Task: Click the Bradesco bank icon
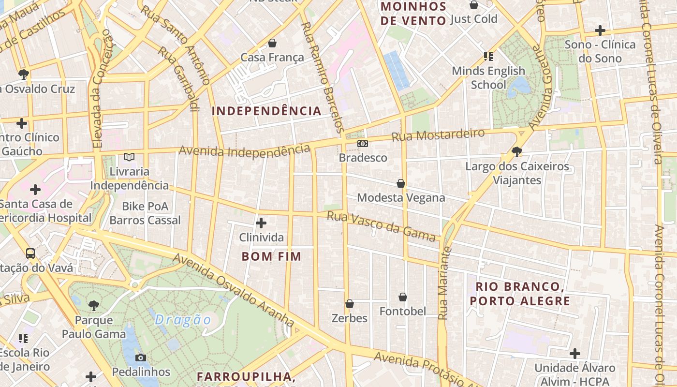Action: (363, 144)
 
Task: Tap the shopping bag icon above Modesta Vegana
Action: (401, 183)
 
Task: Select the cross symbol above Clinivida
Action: (261, 223)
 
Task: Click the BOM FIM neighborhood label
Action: (272, 256)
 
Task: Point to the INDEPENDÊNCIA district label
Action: (266, 111)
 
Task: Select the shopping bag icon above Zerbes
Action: (350, 304)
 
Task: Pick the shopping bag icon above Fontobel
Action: (403, 297)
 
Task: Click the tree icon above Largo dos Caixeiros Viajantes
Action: (517, 152)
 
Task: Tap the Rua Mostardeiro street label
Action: (438, 134)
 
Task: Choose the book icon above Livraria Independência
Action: (129, 157)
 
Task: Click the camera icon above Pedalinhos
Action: (141, 357)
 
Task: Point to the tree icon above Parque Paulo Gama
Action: (94, 305)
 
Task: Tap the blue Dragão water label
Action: (183, 320)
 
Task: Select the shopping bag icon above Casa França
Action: (272, 43)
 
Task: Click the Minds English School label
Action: (488, 77)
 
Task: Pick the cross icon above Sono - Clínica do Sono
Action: (600, 30)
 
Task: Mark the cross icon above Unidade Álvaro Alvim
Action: (574, 353)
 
